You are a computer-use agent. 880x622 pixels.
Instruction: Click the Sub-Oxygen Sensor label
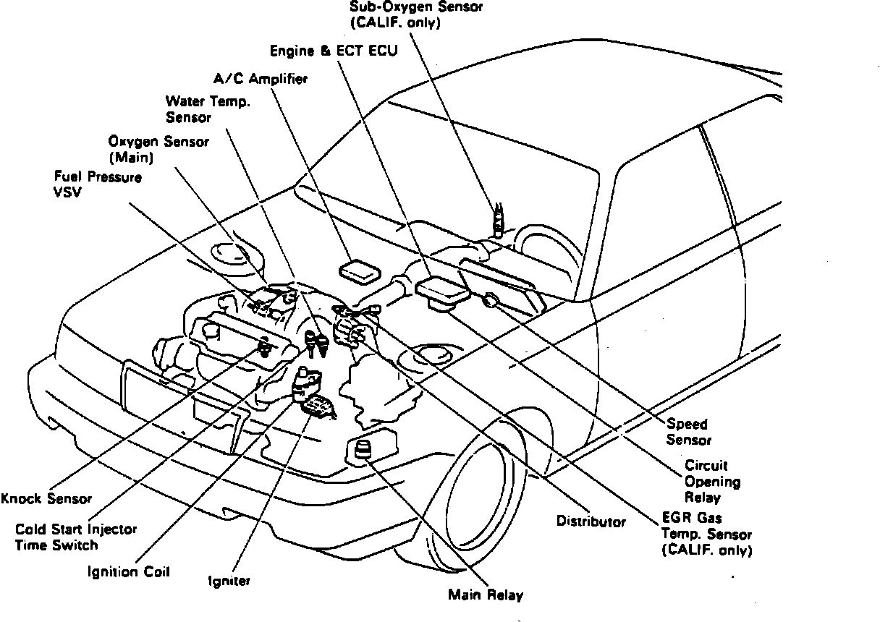(x=415, y=14)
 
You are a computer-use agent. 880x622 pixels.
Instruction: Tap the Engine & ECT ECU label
(x=334, y=51)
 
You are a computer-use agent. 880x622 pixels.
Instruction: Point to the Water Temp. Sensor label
(x=208, y=109)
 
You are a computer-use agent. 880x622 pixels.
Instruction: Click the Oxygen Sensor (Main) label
(x=158, y=148)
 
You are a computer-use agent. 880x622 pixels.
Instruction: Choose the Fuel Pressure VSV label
(x=98, y=184)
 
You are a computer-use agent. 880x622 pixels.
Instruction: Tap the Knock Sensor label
(x=47, y=498)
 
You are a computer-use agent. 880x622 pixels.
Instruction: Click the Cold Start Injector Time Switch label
(x=76, y=537)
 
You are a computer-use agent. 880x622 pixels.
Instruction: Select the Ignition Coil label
(x=128, y=572)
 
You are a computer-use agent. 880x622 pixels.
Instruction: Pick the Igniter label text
(x=229, y=581)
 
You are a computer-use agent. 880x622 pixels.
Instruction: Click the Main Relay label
(x=484, y=596)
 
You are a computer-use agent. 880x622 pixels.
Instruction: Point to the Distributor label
(x=591, y=521)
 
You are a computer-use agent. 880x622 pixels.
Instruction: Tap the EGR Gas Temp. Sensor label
(x=706, y=534)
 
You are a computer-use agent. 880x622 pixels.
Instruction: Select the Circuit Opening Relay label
(x=712, y=482)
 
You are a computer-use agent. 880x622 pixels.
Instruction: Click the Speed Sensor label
(x=688, y=432)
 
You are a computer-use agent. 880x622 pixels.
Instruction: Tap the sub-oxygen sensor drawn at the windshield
(x=498, y=218)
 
